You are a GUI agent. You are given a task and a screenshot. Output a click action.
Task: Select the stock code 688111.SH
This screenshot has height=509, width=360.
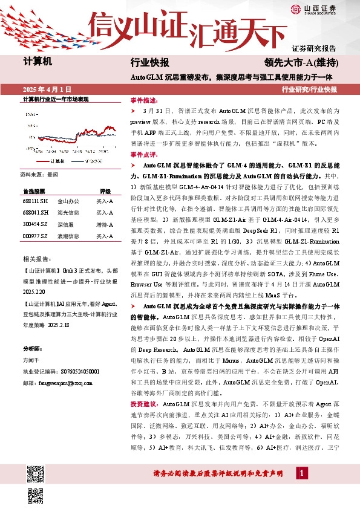click(x=34, y=201)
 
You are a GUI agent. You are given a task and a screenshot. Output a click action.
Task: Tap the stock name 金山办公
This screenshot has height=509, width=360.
click(x=67, y=201)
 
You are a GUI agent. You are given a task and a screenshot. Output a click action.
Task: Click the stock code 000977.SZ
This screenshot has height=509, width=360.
click(x=34, y=236)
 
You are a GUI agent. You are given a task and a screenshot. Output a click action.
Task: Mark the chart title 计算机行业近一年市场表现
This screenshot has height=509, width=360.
click(x=56, y=99)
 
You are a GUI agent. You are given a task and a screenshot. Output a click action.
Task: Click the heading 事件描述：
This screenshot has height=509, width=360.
click(x=143, y=100)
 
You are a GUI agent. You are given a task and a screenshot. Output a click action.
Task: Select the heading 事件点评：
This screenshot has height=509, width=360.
click(x=143, y=155)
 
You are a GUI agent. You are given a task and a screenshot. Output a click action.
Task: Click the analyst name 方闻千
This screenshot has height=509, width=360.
click(x=33, y=361)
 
